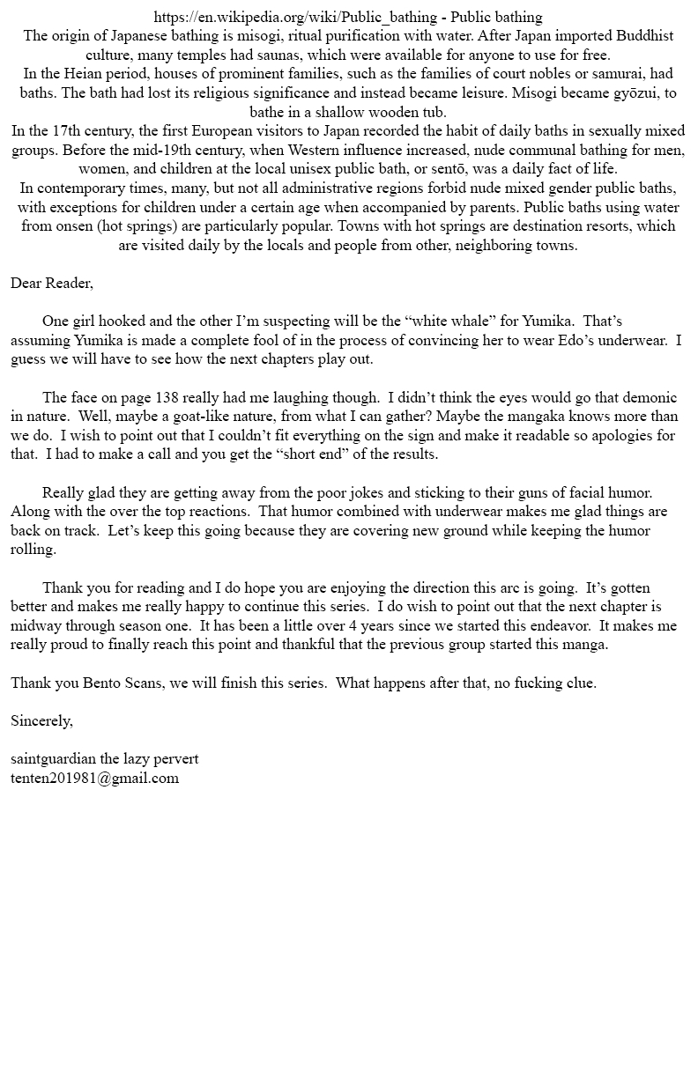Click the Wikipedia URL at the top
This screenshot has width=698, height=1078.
[x=294, y=17]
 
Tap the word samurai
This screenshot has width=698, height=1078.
[x=624, y=73]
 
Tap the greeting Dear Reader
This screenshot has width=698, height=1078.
[x=51, y=283]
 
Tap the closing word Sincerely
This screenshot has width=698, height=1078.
[x=41, y=720]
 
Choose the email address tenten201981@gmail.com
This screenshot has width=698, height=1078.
[x=94, y=778]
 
